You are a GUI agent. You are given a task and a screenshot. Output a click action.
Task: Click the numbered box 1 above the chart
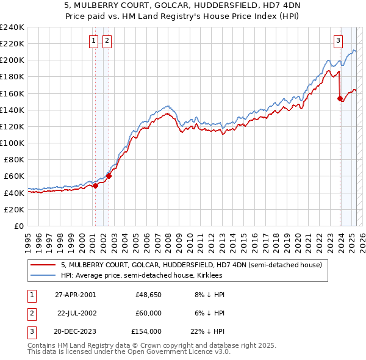coord(94,41)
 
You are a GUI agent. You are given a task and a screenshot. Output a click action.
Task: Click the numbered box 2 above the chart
coord(107,41)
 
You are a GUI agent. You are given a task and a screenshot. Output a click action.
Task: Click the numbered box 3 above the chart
coord(338,41)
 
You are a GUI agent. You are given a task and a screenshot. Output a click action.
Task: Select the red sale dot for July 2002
coord(109,176)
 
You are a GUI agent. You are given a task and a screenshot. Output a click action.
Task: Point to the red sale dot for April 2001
coord(96,185)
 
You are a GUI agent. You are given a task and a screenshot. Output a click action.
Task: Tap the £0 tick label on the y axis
coord(19,226)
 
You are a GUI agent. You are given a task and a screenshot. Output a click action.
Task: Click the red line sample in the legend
coord(43,265)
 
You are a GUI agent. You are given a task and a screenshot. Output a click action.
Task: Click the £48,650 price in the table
coord(148,294)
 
